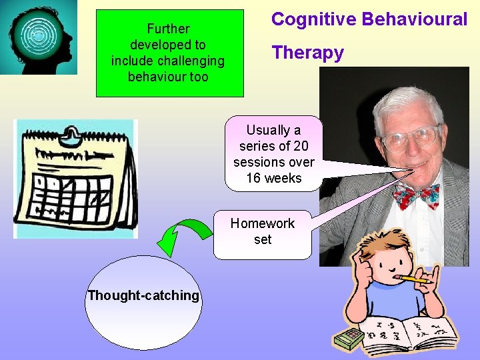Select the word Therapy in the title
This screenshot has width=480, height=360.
coord(307,53)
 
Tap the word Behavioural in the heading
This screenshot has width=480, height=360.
coord(415,19)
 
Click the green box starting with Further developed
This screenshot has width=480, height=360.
coord(169,53)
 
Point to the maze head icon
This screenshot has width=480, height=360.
coord(39,37)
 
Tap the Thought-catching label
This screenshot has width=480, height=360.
coord(143,295)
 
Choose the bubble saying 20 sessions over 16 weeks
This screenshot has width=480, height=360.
coord(273,154)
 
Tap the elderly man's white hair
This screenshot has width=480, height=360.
coord(407,100)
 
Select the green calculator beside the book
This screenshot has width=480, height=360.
coord(349,339)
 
